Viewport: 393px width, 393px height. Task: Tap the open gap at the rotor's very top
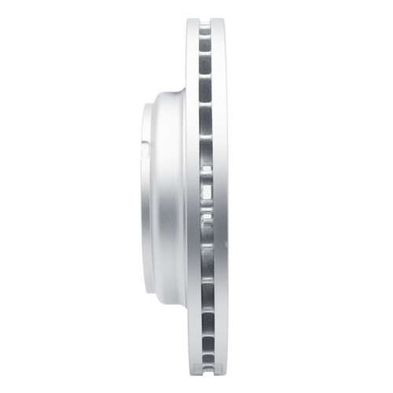(x=205, y=20)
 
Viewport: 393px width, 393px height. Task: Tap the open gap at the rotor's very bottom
(x=205, y=374)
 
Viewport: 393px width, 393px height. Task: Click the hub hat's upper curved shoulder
(x=169, y=98)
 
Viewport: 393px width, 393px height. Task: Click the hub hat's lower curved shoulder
(x=169, y=295)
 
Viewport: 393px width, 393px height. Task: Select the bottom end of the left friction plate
(x=192, y=373)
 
